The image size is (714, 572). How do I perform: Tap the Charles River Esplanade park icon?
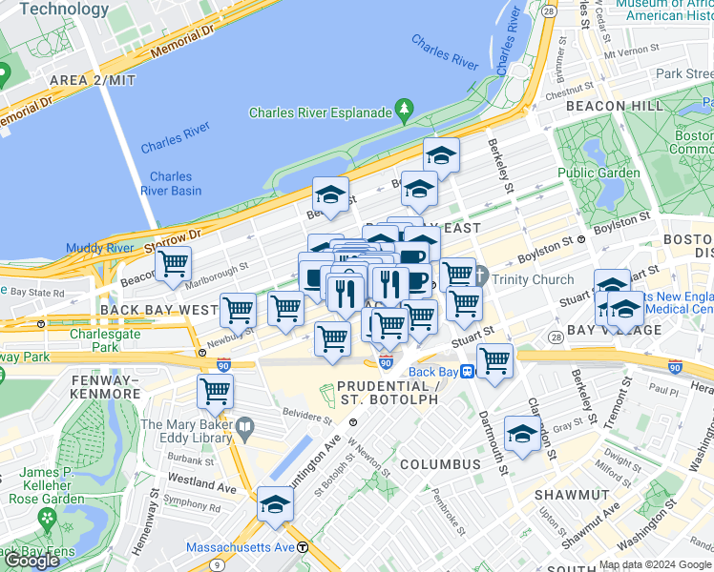(x=404, y=112)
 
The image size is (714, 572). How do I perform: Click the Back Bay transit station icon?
(x=469, y=372)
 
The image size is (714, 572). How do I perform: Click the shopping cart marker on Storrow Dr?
(x=174, y=264)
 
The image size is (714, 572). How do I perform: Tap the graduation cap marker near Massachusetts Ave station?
(x=274, y=504)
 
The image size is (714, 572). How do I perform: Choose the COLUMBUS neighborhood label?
(x=440, y=464)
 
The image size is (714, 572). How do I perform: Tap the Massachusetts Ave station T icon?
(x=303, y=547)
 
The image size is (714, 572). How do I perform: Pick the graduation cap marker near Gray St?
(x=522, y=435)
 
